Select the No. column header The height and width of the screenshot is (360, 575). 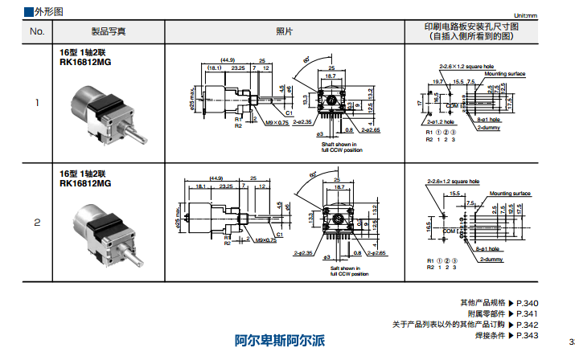37,31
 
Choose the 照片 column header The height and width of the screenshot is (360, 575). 284,31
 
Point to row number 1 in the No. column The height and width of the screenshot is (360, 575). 37,103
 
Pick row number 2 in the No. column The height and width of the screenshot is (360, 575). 37,222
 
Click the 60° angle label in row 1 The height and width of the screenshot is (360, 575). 306,59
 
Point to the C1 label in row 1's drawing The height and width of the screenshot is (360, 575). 288,113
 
